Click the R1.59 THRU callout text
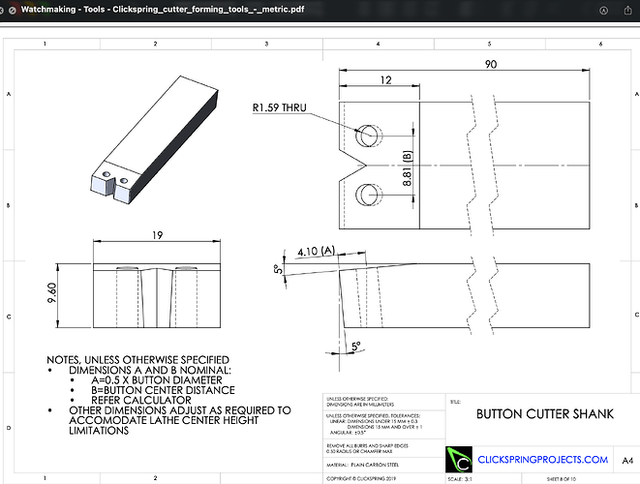278,108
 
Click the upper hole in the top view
367,136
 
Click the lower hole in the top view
367,195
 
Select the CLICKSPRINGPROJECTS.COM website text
543,460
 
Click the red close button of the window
11,11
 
